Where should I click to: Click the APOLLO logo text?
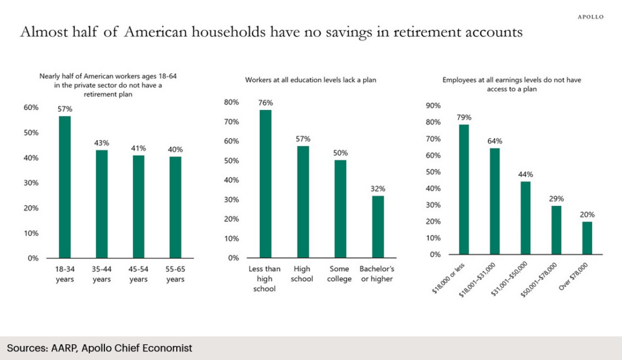pyautogui.click(x=590, y=17)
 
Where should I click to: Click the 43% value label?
pyautogui.click(x=101, y=142)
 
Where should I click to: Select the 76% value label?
pyautogui.click(x=265, y=103)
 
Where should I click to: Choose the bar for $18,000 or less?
pyautogui.click(x=463, y=189)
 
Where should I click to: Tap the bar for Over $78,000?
pyautogui.click(x=587, y=238)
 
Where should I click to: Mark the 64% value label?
pyautogui.click(x=494, y=141)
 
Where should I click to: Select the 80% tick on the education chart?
pyautogui.click(x=232, y=103)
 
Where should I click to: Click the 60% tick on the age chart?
pyautogui.click(x=30, y=107)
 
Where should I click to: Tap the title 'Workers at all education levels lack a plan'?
pyautogui.click(x=311, y=80)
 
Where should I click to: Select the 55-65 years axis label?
pyautogui.click(x=176, y=274)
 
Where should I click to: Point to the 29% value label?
pyautogui.click(x=556, y=199)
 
